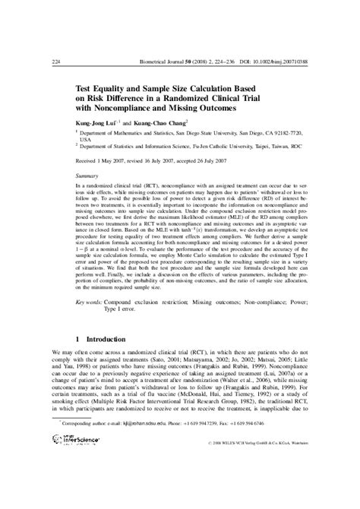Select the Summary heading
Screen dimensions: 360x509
click(96, 175)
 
